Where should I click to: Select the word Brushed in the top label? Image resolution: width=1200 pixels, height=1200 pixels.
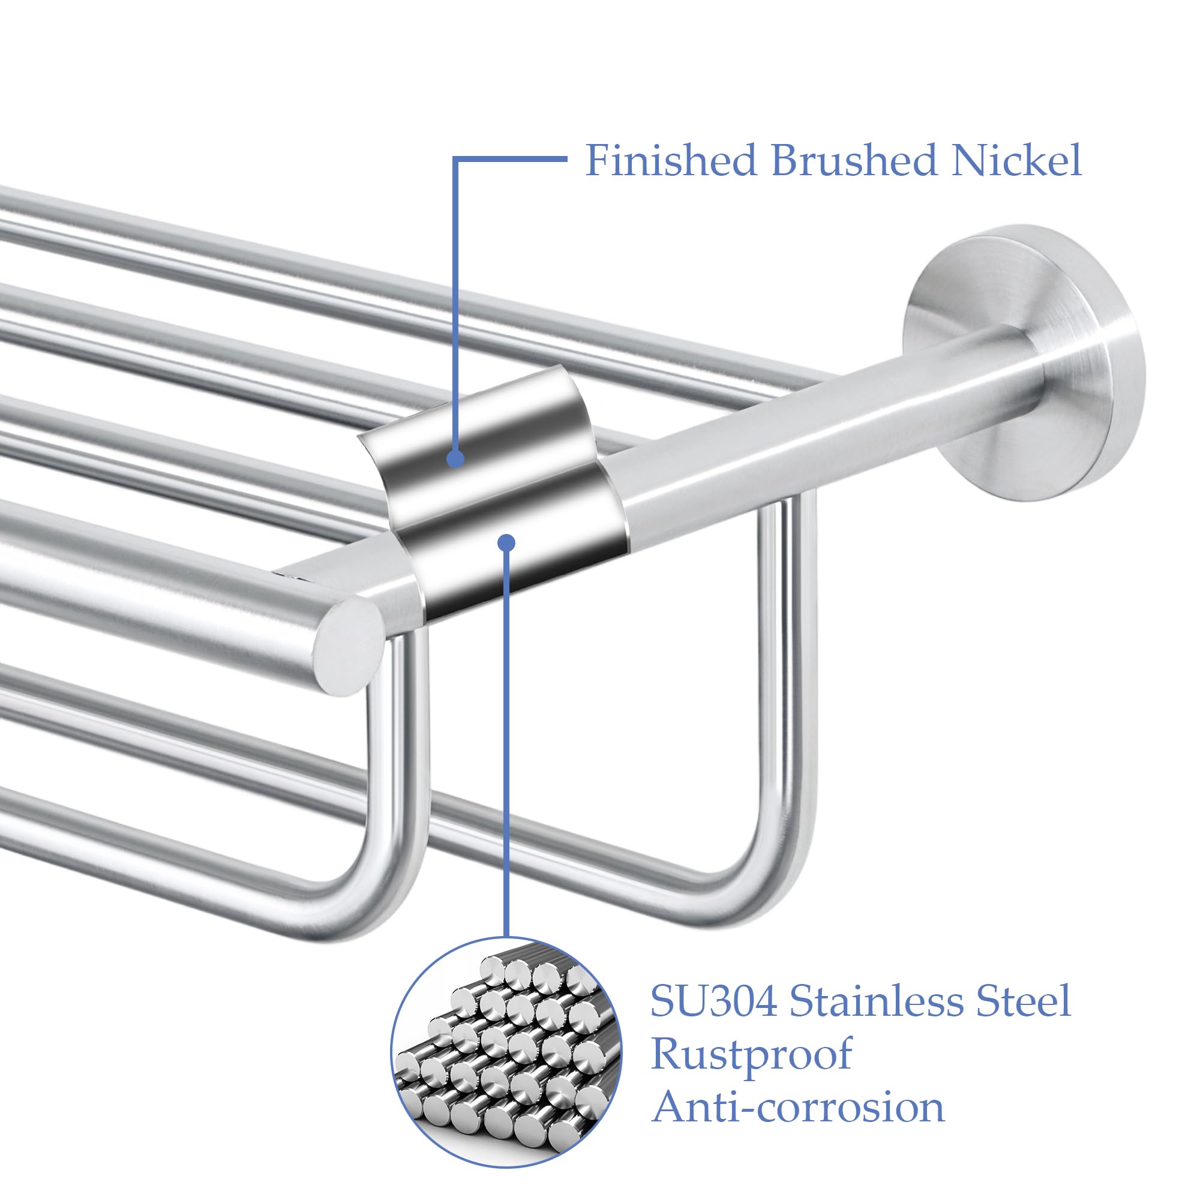pos(854,160)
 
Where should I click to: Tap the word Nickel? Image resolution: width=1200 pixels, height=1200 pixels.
pos(1017,160)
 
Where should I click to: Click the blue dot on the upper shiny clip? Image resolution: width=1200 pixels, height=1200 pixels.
pos(456,459)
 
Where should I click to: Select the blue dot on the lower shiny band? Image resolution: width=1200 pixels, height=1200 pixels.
pos(508,543)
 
